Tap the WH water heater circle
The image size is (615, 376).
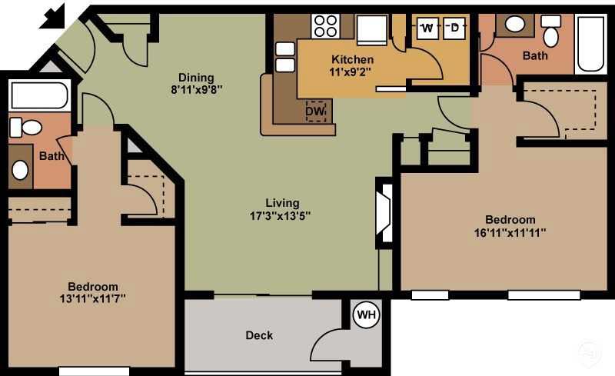click(367, 314)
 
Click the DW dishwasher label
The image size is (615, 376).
click(315, 111)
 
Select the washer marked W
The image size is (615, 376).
click(427, 28)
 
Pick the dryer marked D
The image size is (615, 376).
click(454, 28)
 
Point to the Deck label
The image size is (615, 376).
click(259, 335)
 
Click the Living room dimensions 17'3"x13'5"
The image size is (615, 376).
click(279, 215)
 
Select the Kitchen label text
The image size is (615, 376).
click(352, 59)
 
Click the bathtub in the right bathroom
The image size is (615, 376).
click(590, 45)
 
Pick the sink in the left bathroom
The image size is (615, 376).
click(21, 169)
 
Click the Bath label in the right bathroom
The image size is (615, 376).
click(535, 55)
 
